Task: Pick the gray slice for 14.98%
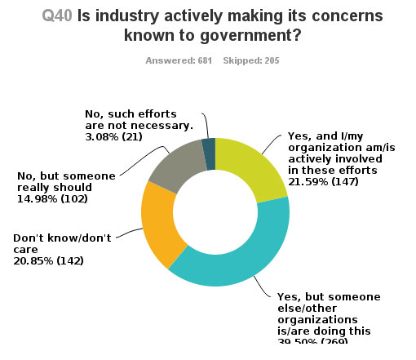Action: coord(176,163)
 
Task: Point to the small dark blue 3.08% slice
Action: coord(209,144)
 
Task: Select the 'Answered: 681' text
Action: coord(176,60)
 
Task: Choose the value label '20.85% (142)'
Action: coord(50,261)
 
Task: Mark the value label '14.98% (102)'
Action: coord(54,198)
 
